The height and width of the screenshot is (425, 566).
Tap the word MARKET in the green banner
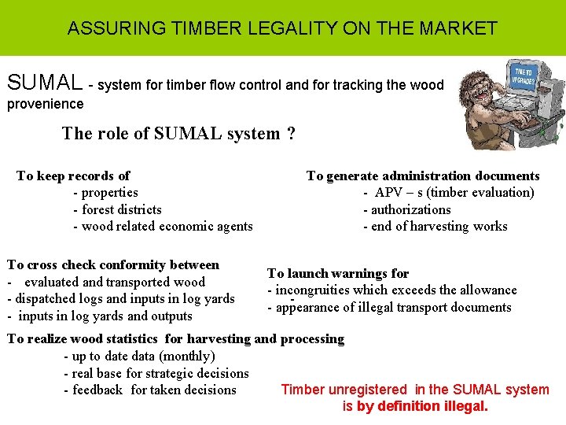click(x=458, y=28)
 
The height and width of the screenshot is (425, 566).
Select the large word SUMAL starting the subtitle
click(x=44, y=83)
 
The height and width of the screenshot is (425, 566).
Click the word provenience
click(x=45, y=104)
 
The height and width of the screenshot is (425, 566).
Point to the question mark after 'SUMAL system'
click(x=292, y=133)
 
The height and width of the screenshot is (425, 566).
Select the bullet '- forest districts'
click(x=117, y=209)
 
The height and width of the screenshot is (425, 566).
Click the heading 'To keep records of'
click(x=73, y=176)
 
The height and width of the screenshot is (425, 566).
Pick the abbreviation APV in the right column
click(x=388, y=193)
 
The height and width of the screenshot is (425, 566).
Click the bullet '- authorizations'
click(x=406, y=209)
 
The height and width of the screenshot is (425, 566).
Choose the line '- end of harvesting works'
click(x=435, y=227)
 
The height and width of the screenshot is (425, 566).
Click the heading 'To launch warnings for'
click(x=338, y=274)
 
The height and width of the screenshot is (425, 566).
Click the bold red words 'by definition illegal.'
click(x=423, y=407)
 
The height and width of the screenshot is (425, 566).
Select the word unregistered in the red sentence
click(x=368, y=390)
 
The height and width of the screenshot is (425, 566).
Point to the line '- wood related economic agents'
click(x=163, y=227)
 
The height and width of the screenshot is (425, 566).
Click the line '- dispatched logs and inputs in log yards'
click(x=120, y=299)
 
